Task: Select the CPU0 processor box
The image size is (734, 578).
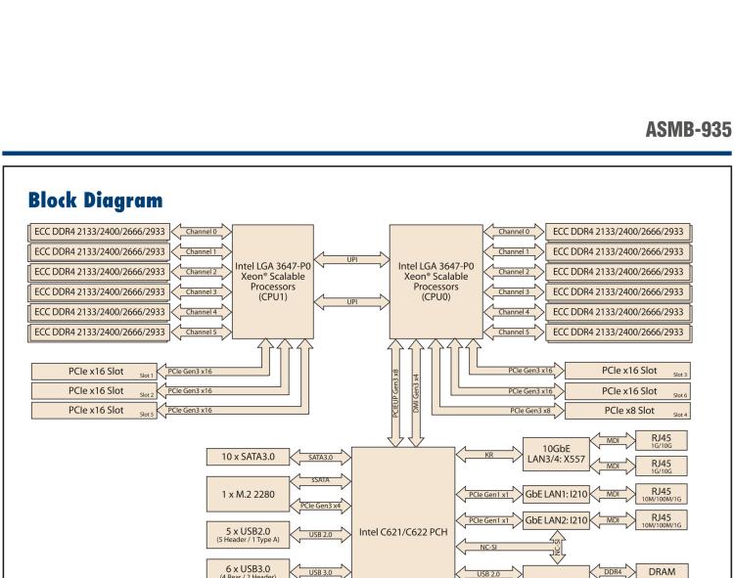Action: point(435,281)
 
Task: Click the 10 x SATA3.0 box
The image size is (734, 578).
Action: point(247,456)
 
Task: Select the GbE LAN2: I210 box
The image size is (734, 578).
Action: point(555,519)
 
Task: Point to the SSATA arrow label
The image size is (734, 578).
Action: point(317,478)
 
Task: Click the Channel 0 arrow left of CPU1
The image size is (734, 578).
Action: point(200,232)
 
